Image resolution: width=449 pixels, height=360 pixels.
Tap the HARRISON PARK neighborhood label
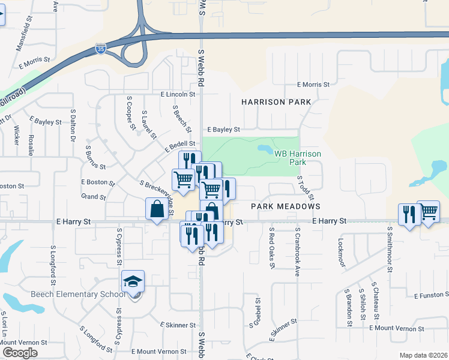276,102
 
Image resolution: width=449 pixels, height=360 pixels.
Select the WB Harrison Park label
298,158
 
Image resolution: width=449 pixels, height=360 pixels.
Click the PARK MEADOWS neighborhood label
286,206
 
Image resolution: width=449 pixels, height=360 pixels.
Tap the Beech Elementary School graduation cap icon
133,281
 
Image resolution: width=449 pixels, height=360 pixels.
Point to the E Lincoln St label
178,94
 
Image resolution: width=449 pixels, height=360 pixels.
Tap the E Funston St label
431,295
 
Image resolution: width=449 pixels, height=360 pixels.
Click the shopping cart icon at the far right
428,211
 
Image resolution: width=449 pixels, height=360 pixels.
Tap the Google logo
20,353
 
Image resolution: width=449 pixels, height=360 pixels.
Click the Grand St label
93,197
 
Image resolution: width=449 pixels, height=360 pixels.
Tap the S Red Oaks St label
271,247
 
